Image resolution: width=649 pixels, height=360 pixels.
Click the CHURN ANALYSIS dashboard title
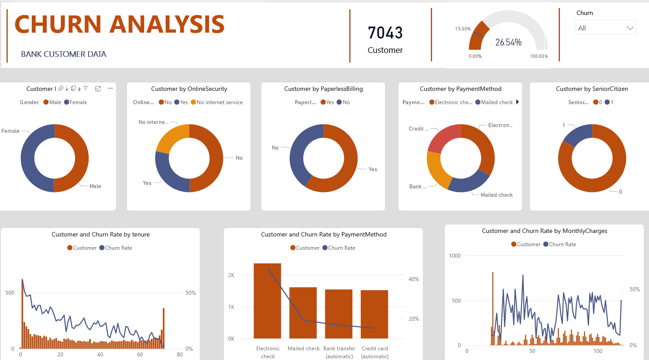(x=119, y=24)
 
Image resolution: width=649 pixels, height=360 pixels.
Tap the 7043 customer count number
(x=385, y=33)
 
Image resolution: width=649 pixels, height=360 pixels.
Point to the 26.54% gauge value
(x=508, y=42)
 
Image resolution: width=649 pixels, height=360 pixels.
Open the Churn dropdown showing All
(x=605, y=28)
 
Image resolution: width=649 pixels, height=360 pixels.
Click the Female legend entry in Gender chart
(x=75, y=102)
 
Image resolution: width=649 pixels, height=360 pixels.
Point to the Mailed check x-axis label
(x=303, y=349)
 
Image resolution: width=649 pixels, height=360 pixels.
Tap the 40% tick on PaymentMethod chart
(x=414, y=279)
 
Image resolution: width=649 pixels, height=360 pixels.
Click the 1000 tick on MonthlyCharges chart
(x=455, y=256)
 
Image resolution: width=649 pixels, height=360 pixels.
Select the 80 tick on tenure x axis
(x=179, y=355)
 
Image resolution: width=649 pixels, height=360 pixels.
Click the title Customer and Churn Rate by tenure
(x=101, y=235)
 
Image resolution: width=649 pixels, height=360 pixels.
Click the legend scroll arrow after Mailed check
(x=518, y=102)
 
